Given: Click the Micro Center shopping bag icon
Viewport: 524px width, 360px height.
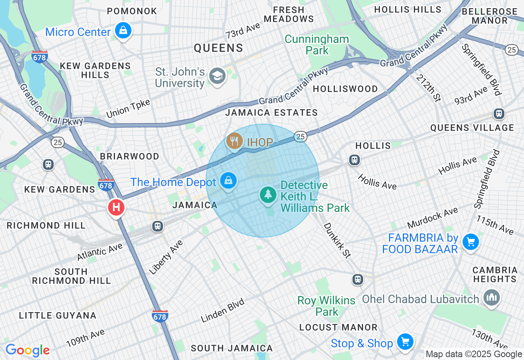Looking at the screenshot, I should pyautogui.click(x=122, y=30).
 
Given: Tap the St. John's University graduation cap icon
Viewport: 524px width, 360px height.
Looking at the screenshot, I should pyautogui.click(x=217, y=75).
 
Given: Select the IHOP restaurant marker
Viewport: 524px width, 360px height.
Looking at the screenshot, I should pyautogui.click(x=234, y=142).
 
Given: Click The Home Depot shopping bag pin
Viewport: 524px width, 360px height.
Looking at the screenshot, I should pyautogui.click(x=228, y=180).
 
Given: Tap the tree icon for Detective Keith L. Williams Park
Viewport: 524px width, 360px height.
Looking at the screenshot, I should pyautogui.click(x=268, y=194).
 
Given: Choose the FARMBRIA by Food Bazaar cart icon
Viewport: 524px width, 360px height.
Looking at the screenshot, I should pyautogui.click(x=470, y=242).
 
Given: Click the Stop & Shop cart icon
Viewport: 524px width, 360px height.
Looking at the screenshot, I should pyautogui.click(x=405, y=342).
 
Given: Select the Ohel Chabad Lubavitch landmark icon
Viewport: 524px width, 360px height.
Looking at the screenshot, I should pyautogui.click(x=491, y=297).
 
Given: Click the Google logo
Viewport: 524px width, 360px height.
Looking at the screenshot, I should pyautogui.click(x=27, y=351).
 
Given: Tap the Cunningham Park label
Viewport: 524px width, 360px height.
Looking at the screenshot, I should pyautogui.click(x=317, y=45).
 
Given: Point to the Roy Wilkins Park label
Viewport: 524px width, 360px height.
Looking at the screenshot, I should pyautogui.click(x=326, y=306).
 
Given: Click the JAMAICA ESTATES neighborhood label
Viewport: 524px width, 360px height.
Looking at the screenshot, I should pyautogui.click(x=271, y=112).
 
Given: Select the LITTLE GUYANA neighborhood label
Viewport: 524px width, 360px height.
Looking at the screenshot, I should pyautogui.click(x=58, y=315).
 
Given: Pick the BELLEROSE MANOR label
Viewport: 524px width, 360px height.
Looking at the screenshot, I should pyautogui.click(x=490, y=15).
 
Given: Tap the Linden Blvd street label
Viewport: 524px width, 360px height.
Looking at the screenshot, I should pyautogui.click(x=223, y=310).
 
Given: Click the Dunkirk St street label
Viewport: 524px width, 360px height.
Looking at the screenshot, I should pyautogui.click(x=337, y=240).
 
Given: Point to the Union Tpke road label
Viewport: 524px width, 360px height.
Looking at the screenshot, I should pyautogui.click(x=128, y=108).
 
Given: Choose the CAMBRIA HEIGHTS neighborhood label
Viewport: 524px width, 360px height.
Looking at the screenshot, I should pyautogui.click(x=495, y=274).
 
